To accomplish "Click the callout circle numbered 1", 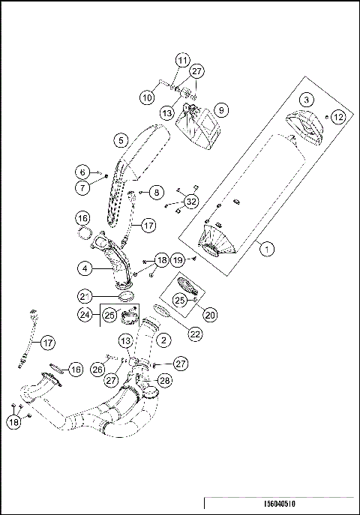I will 265,250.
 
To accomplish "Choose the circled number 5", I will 120,139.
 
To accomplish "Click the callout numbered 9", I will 221,109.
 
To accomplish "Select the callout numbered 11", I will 182,60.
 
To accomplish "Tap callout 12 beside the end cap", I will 338,117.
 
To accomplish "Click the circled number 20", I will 210,315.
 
